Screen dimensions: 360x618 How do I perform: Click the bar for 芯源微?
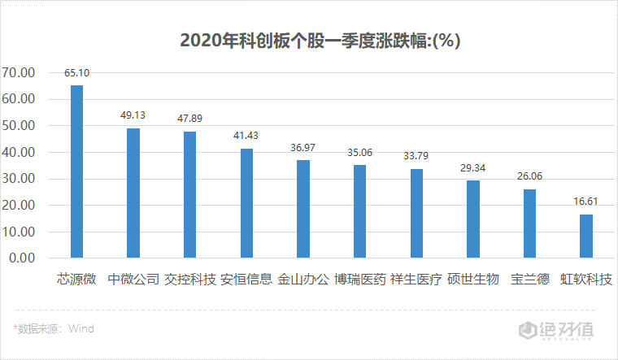(x=76, y=171)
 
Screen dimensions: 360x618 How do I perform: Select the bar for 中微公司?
(x=133, y=193)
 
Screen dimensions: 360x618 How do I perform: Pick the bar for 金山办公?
(x=302, y=209)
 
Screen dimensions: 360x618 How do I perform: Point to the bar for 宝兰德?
(x=529, y=223)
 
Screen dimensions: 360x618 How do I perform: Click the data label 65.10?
(x=76, y=72)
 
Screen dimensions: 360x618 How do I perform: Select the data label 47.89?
(x=189, y=118)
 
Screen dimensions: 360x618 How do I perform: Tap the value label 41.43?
(x=246, y=135)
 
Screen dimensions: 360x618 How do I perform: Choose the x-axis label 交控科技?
(x=189, y=280)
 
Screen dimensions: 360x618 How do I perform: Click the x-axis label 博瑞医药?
(x=359, y=280)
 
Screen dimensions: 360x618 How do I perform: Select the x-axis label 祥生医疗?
(x=416, y=280)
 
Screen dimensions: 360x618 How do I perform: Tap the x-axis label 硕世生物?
(x=472, y=280)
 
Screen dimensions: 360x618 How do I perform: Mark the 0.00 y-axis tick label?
(x=22, y=258)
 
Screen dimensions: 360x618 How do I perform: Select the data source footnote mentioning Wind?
(x=54, y=329)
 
